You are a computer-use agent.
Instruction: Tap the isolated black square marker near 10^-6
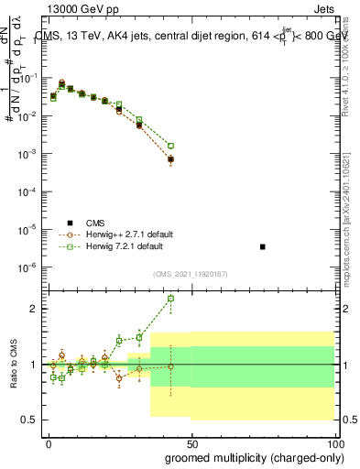(263, 247)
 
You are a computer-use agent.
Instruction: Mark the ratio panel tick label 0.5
(34, 420)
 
